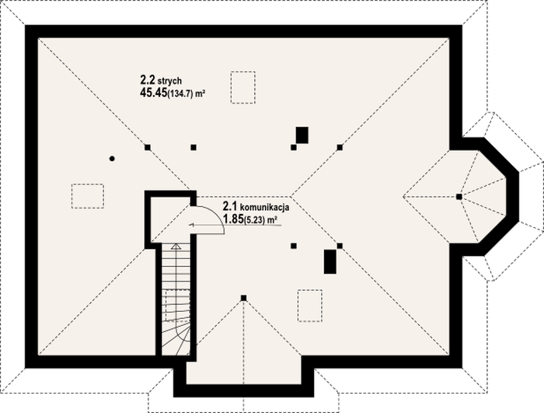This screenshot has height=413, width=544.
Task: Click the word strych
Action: pyautogui.click(x=169, y=82)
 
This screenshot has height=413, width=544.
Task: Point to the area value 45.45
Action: pyautogui.click(x=153, y=93)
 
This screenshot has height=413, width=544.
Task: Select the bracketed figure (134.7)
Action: pyautogui.click(x=180, y=94)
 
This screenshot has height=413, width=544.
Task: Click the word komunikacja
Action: pyautogui.click(x=265, y=208)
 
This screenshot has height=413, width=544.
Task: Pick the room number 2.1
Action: pyautogui.click(x=230, y=207)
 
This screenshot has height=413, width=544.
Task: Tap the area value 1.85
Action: pyautogui.click(x=233, y=219)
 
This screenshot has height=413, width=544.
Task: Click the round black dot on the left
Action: pyautogui.click(x=112, y=159)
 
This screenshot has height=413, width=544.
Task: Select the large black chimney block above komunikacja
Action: pyautogui.click(x=302, y=135)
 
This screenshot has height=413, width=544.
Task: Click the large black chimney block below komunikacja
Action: pyautogui.click(x=330, y=261)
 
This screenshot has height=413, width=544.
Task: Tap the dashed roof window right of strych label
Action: pyautogui.click(x=243, y=88)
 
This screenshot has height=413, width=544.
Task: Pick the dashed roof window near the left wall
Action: pyautogui.click(x=88, y=196)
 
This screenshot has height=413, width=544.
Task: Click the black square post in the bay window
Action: pyautogui.click(x=459, y=197)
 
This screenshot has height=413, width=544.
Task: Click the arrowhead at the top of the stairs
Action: pyautogui.click(x=176, y=247)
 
